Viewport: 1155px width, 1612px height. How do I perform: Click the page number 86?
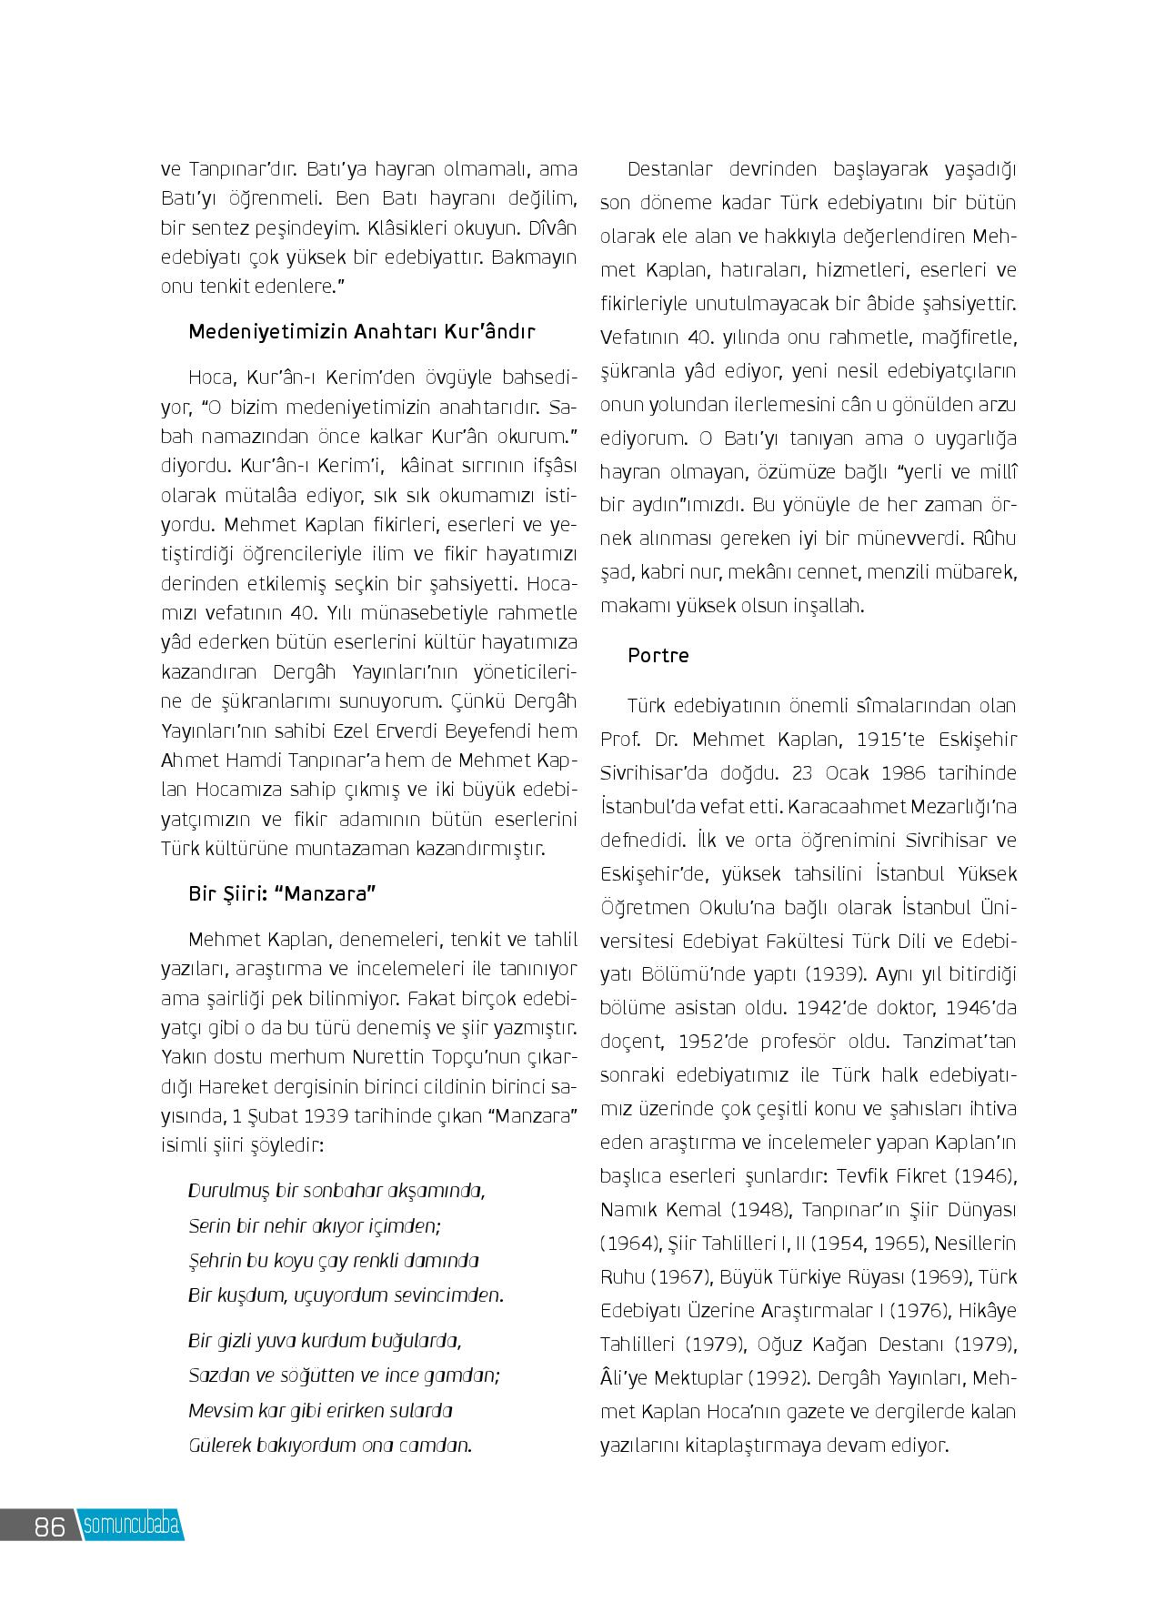(x=50, y=1526)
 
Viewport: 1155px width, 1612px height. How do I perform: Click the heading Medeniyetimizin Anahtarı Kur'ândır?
(x=362, y=331)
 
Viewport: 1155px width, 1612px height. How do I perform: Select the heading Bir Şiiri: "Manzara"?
(x=282, y=893)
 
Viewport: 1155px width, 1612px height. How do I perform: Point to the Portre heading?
(x=658, y=655)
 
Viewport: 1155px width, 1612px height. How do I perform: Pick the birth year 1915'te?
(x=881, y=739)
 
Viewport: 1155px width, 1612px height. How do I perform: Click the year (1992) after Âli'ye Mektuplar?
(x=778, y=1377)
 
